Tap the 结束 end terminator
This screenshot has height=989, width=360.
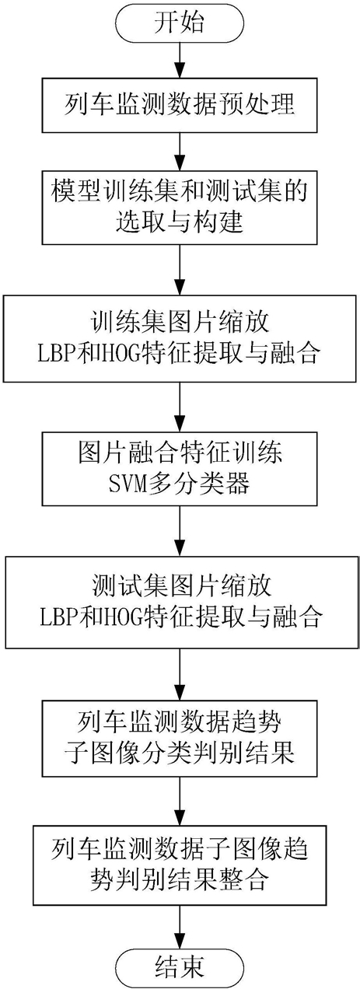[x=180, y=966]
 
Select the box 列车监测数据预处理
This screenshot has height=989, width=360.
[x=180, y=105]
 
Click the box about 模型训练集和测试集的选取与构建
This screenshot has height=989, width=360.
[x=180, y=207]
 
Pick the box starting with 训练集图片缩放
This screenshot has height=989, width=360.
[x=180, y=338]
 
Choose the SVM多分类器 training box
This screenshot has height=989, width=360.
[x=180, y=469]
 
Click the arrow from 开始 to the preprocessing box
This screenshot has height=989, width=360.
[x=180, y=59]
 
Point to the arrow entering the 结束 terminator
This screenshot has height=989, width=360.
[x=180, y=926]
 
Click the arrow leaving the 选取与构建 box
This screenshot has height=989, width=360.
[x=180, y=270]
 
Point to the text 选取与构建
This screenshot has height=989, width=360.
[x=180, y=223]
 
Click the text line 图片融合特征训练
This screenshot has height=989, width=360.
[x=180, y=453]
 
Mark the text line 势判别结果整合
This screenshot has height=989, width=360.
[x=180, y=881]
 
